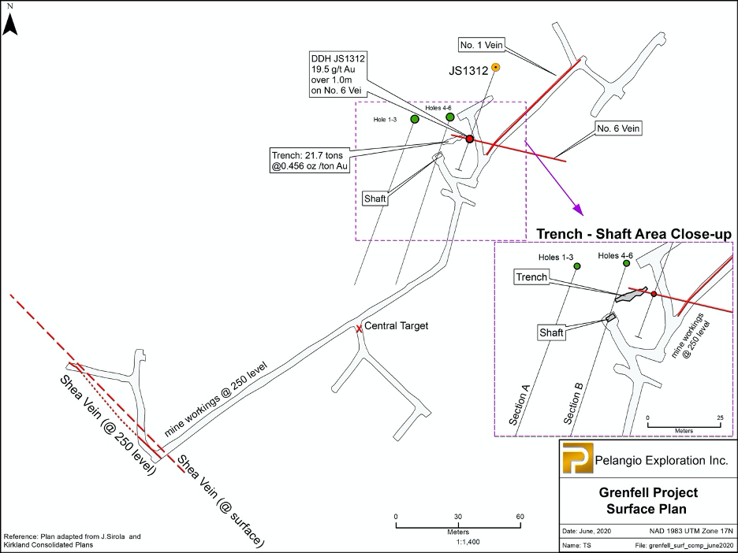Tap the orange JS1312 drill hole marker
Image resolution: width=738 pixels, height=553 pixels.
pyautogui.click(x=495, y=68)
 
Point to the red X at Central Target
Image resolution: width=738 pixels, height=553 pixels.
pyautogui.click(x=360, y=328)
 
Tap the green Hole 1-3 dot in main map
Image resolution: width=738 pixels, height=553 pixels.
pyautogui.click(x=414, y=119)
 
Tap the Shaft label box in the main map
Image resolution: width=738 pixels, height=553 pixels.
pyautogui.click(x=375, y=199)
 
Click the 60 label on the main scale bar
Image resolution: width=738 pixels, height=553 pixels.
pyautogui.click(x=520, y=516)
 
